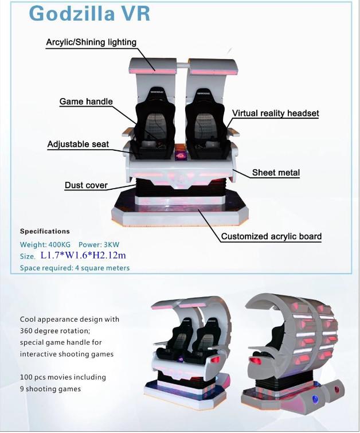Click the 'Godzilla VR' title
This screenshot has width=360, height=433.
(x=89, y=13)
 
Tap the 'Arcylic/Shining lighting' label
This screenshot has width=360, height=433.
(x=91, y=42)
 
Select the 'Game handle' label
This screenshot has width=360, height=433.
(x=86, y=102)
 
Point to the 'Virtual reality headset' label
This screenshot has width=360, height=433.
(x=275, y=113)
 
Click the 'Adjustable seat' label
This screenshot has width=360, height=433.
(x=78, y=144)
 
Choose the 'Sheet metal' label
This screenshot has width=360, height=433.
(x=276, y=173)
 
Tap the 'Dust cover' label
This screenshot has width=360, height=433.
(x=86, y=185)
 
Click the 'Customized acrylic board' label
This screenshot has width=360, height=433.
(x=271, y=236)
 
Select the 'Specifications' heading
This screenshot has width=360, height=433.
(x=45, y=232)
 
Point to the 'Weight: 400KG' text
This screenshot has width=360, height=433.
(x=45, y=244)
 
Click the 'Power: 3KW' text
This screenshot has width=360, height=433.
(x=99, y=244)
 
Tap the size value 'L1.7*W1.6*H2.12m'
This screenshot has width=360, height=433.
(x=83, y=255)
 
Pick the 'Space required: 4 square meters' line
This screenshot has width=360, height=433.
(x=75, y=268)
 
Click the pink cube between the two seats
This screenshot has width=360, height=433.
(x=181, y=155)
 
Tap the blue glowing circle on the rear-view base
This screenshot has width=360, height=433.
(x=315, y=399)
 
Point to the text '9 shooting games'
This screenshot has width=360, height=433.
(x=50, y=389)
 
